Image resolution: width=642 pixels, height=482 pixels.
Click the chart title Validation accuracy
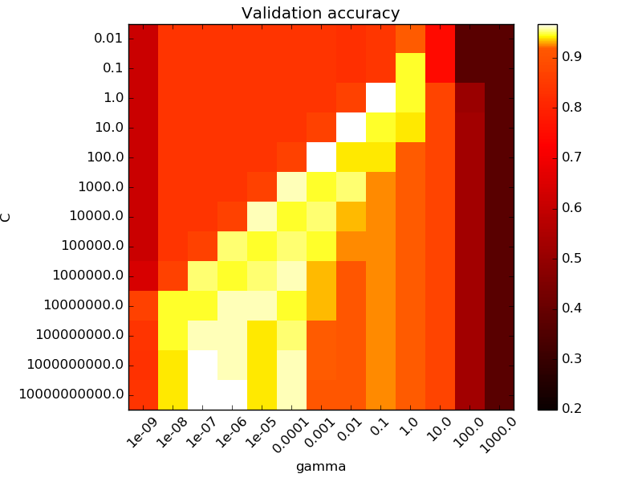tap(321, 13)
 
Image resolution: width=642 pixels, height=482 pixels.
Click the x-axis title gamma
tap(321, 466)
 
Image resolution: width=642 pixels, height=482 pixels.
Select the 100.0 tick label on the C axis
tap(104, 157)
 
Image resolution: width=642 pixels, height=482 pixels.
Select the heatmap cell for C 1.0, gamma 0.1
tap(380, 98)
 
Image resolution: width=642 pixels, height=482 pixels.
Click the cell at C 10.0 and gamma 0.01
tap(351, 128)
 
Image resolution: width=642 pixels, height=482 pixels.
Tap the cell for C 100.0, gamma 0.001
tap(321, 157)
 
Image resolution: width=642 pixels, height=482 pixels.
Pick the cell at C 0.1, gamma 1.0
tap(410, 68)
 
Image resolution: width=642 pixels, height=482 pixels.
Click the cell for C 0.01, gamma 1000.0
tap(499, 39)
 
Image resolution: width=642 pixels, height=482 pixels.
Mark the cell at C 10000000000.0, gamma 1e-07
tap(202, 394)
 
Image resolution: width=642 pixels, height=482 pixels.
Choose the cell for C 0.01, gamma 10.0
tap(440, 39)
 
